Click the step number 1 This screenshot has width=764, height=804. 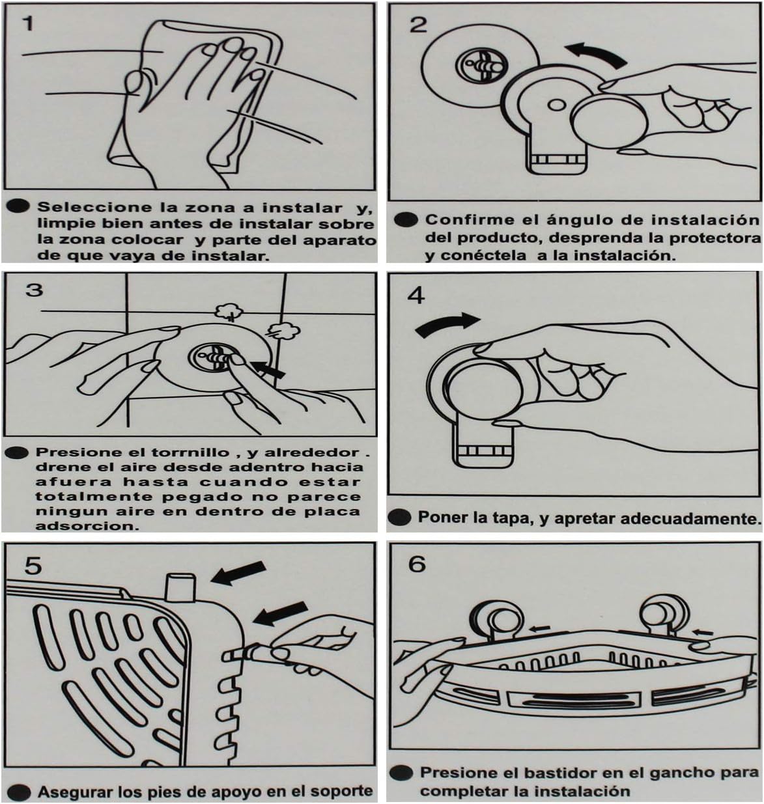click(27, 23)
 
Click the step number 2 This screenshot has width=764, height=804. click(417, 25)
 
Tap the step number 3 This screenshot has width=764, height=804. click(34, 290)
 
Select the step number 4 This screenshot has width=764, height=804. click(416, 296)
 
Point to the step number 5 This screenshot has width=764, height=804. click(33, 566)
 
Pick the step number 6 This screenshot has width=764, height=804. click(417, 564)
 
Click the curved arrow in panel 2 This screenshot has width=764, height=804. click(595, 55)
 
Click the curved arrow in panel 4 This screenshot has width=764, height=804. click(447, 325)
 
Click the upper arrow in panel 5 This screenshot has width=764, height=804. click(238, 573)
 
